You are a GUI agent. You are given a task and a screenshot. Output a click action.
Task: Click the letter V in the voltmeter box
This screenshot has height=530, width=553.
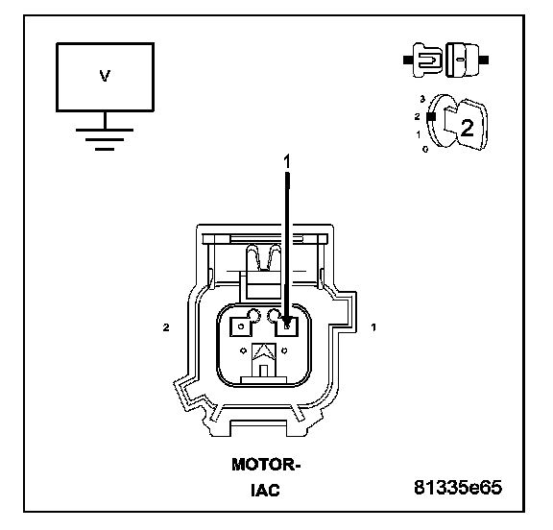105,76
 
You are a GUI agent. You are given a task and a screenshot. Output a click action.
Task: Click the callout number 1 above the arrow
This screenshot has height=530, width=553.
287,162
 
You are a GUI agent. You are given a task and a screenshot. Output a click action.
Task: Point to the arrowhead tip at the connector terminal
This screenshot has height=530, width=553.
287,326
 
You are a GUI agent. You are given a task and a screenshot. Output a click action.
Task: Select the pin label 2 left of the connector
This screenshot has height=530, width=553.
166,327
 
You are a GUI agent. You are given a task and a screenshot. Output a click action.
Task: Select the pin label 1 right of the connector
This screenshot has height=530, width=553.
373,327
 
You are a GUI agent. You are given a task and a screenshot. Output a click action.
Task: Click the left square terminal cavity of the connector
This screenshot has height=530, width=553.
240,326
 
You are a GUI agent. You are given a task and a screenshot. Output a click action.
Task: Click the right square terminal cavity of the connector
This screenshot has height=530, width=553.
287,326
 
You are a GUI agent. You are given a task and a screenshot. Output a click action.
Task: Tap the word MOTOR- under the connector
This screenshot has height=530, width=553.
266,465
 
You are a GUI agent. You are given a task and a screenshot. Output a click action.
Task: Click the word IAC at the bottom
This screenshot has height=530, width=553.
266,490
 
